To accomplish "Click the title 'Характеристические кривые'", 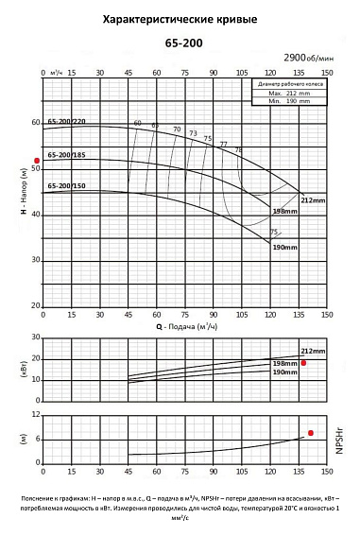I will (x=180, y=18).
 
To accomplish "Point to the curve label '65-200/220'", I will (x=66, y=122).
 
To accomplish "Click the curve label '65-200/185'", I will (x=66, y=154).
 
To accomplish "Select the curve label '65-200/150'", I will (x=66, y=186).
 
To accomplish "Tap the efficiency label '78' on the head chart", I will (x=238, y=150).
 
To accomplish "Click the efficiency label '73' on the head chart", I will (x=193, y=133).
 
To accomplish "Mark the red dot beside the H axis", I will (x=38, y=161).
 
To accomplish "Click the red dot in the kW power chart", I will (x=304, y=362).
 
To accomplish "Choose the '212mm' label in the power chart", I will (x=313, y=351).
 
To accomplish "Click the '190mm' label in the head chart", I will (x=285, y=247).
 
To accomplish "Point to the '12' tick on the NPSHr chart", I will (x=36, y=415).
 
